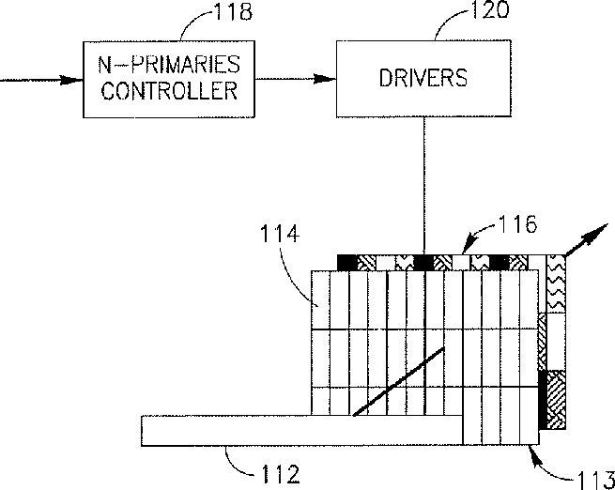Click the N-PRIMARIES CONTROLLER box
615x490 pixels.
coord(168,81)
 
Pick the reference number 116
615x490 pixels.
coord(517,225)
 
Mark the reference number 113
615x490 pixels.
coord(593,479)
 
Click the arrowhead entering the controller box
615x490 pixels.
coord(75,81)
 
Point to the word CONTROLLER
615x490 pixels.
coord(168,92)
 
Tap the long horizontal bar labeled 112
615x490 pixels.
coord(300,429)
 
